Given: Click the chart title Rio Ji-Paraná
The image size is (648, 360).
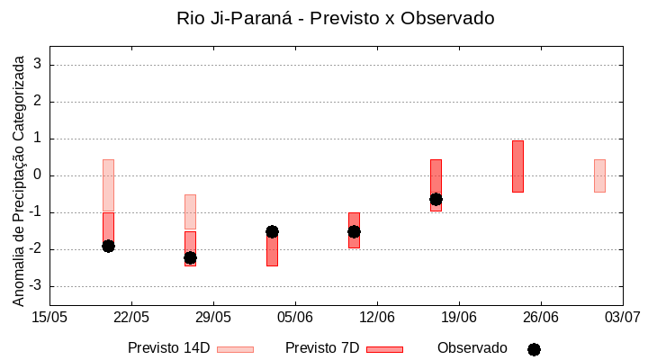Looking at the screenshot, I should (x=336, y=18).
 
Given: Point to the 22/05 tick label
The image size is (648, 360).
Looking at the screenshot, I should (x=131, y=316).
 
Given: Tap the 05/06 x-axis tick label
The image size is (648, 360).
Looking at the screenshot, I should (x=295, y=316).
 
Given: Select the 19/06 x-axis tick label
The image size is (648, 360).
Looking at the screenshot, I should (x=459, y=316).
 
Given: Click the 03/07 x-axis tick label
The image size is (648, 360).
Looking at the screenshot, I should (x=622, y=316).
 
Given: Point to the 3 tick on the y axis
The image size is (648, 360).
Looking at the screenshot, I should (x=38, y=65).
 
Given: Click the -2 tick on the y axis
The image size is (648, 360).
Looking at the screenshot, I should (x=35, y=249).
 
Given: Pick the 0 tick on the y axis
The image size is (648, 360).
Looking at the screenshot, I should (x=38, y=175).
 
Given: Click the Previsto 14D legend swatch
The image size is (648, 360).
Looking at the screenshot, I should (x=235, y=349).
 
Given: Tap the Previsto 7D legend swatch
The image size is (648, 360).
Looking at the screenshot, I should (x=384, y=349).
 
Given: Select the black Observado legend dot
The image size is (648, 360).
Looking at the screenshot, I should (x=534, y=349).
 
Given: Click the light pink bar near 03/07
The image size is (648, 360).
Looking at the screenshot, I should (x=599, y=175).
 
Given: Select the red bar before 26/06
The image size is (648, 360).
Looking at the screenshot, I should (x=517, y=166).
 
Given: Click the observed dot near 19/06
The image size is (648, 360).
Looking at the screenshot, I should (x=436, y=199).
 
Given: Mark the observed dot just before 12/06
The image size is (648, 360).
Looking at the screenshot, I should (x=354, y=231).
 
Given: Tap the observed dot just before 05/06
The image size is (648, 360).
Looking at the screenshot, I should (x=272, y=231).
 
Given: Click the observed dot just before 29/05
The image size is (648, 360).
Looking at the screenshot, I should (x=190, y=257).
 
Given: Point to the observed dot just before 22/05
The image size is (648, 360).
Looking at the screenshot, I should (x=108, y=246).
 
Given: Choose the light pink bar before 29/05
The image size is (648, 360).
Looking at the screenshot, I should (x=190, y=212).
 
